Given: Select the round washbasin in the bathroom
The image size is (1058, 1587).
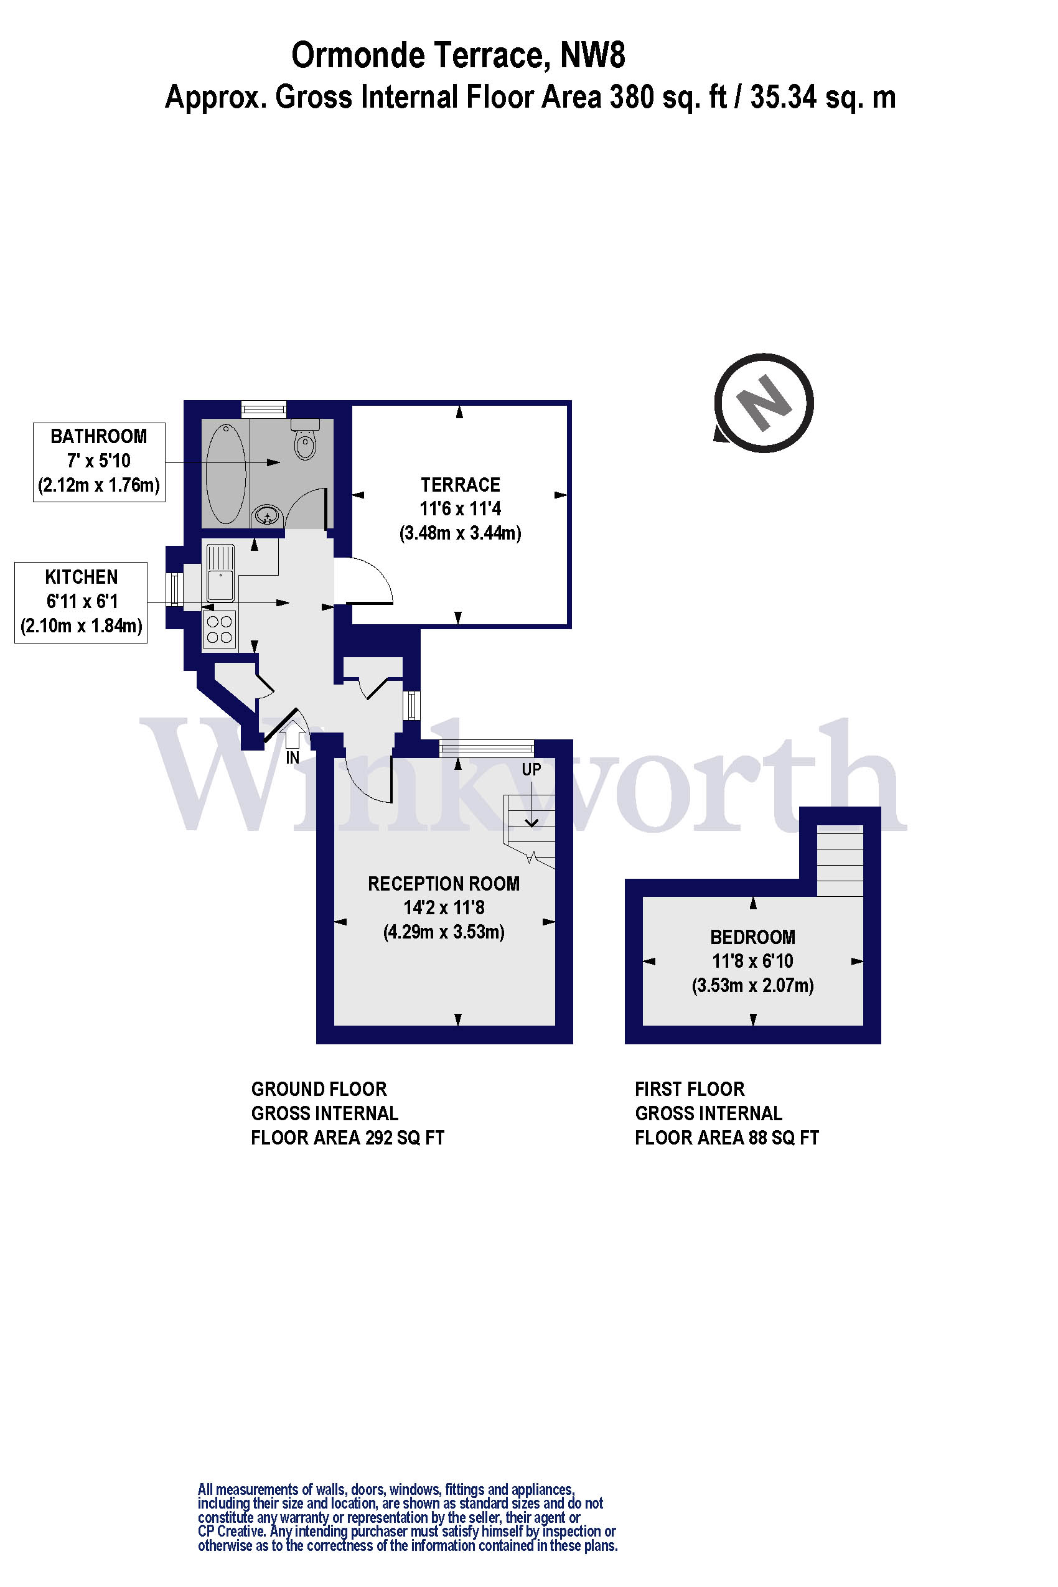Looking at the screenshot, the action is [268, 517].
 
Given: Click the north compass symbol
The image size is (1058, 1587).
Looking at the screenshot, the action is [763, 403].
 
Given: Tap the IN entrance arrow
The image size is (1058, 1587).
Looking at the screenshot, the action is [291, 734].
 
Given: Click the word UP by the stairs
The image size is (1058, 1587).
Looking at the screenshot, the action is [531, 769].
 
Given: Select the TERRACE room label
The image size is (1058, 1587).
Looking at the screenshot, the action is [460, 485].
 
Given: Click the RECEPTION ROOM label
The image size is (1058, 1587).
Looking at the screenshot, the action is [443, 884].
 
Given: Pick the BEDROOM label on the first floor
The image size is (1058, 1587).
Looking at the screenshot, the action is [752, 937].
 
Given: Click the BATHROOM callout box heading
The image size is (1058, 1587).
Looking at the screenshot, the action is [98, 436].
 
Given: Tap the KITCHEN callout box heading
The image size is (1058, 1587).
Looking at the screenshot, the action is [81, 577].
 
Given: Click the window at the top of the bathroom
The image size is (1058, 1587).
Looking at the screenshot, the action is [264, 408].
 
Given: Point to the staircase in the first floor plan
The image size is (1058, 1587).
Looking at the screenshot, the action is [840, 860].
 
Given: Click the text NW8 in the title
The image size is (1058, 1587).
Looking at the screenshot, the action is [592, 55].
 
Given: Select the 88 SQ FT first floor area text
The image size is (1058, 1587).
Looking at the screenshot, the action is [784, 1138].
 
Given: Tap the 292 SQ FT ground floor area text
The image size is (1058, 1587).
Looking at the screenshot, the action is [405, 1138].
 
